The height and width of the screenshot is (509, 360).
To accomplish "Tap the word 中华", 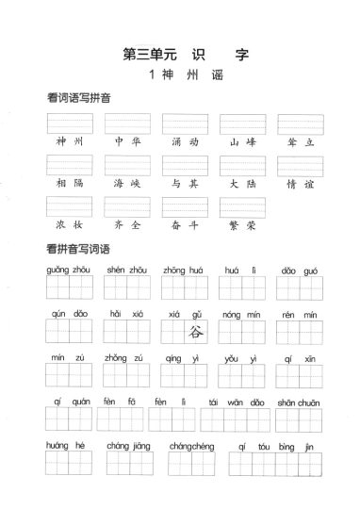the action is click(126, 141).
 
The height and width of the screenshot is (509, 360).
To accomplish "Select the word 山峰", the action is click(242, 141).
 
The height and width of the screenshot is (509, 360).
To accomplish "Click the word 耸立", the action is click(300, 141).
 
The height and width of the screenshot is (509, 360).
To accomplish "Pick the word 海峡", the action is click(126, 185).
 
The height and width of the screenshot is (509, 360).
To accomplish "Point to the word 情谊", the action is click(300, 185).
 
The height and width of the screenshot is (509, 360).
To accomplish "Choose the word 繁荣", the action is click(242, 227).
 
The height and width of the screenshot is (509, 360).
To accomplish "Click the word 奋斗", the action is click(184, 227).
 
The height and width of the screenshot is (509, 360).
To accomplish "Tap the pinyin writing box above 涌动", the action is click(185, 123).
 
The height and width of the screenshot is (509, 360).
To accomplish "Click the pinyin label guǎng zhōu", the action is click(68, 270).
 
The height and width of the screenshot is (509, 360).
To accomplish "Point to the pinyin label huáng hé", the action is click(68, 444).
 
